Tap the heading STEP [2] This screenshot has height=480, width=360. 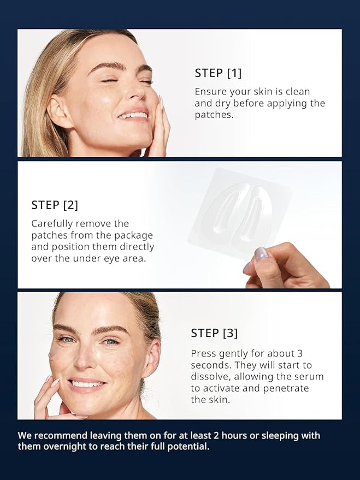[55, 205]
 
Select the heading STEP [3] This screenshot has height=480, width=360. [214, 333]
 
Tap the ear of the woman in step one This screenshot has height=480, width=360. [56, 110]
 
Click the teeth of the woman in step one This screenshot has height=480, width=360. [133, 115]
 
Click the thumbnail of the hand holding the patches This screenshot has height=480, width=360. [261, 253]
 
